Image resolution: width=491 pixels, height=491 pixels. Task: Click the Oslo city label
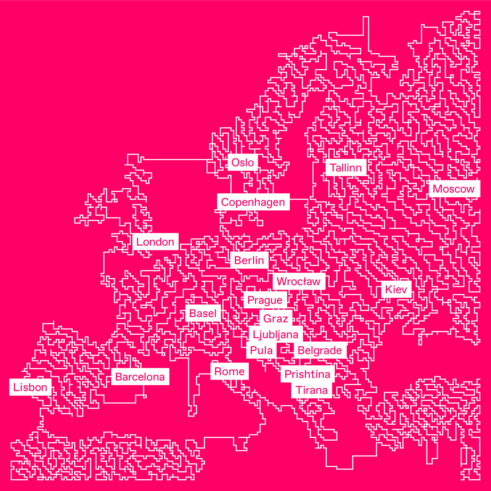coord(243,163)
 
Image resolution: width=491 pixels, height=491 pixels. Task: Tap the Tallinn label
coord(346,168)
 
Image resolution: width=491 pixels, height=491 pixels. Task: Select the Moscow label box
coord(454,189)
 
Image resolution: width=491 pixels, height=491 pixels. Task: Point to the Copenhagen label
coord(253,202)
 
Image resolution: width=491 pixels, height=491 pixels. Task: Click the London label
coord(155,242)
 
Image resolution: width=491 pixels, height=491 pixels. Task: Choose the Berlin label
coord(249,260)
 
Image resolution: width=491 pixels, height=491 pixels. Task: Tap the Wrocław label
coord(299,281)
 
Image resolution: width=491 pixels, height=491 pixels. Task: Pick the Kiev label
coord(396,289)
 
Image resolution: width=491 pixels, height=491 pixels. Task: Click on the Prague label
coord(265,300)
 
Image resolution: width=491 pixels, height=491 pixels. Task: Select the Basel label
coord(203,313)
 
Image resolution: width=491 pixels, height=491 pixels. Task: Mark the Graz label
coord(276,318)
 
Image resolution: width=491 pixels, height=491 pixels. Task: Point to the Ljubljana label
coord(276,334)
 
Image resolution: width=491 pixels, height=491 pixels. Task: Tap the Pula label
coord(261,350)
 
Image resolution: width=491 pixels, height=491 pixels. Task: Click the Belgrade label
coord(320,350)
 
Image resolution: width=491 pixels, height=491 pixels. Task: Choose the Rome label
coord(229,372)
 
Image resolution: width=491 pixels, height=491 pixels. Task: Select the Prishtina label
coord(307,374)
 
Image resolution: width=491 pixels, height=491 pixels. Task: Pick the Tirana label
coord(312,390)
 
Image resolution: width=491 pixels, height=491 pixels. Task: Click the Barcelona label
coord(140,377)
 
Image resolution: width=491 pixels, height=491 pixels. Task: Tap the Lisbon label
coord(30,387)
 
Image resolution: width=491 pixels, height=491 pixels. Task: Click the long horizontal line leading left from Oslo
coord(177,159)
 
